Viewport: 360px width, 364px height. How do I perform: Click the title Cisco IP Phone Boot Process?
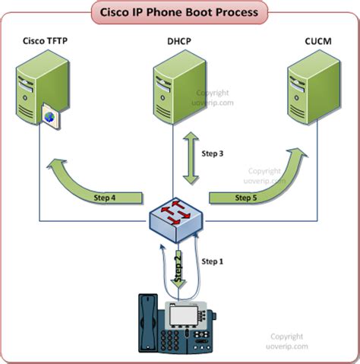(179, 13)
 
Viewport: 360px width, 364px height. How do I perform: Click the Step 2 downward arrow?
(179, 271)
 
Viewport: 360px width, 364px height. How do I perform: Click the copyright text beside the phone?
(289, 340)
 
